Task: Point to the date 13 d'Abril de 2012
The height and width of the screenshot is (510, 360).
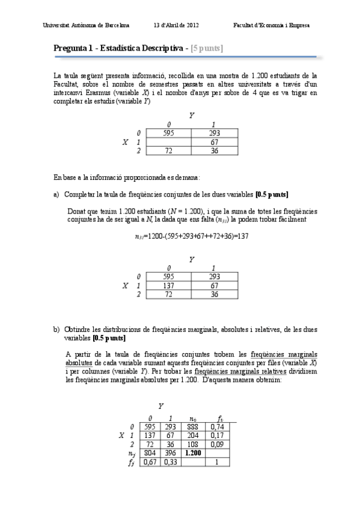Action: coord(176,25)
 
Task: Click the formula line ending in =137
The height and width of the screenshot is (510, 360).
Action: coord(192,236)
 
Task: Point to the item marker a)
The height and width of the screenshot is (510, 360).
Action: coord(56,194)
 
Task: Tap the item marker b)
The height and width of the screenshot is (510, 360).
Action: coord(56,330)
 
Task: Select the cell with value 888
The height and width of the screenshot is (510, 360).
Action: coord(192,426)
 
